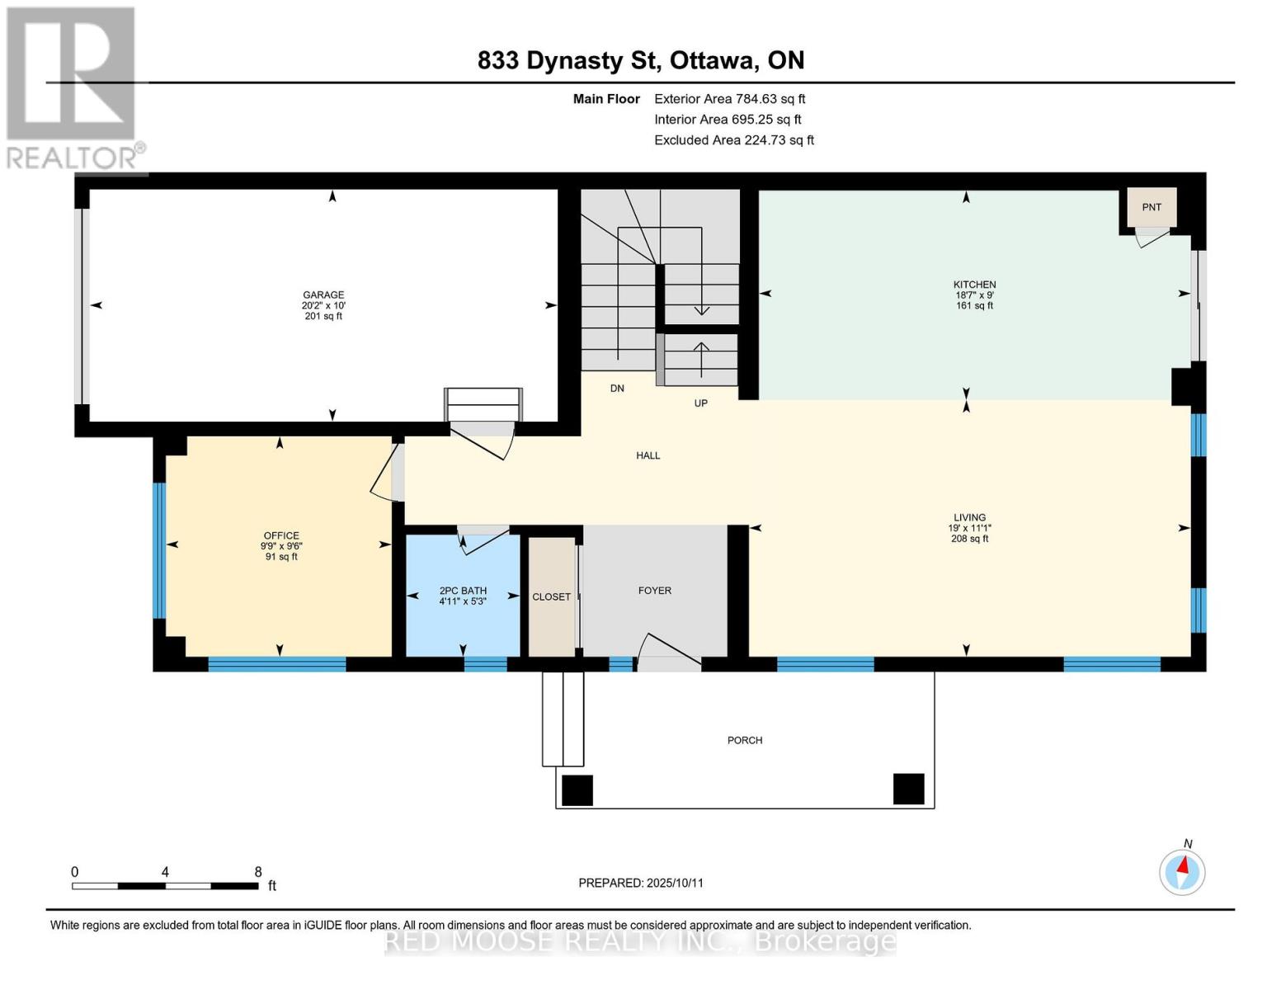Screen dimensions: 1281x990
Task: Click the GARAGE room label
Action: pyautogui.click(x=323, y=295)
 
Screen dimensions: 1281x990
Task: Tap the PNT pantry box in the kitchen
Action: pyautogui.click(x=1151, y=207)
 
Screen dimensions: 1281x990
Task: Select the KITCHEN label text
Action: pyautogui.click(x=974, y=284)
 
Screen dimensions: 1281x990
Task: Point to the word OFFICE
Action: pyautogui.click(x=281, y=535)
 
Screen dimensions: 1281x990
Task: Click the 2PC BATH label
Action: pyautogui.click(x=463, y=590)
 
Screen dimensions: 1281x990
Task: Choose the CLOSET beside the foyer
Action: pyautogui.click(x=551, y=596)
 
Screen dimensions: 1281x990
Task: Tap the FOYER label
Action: pyautogui.click(x=654, y=590)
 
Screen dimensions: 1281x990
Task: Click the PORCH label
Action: pyautogui.click(x=745, y=740)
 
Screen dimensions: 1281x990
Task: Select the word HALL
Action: pyautogui.click(x=648, y=455)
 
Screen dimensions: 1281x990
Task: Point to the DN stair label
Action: pyautogui.click(x=617, y=388)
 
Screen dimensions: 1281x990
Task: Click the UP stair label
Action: pyautogui.click(x=700, y=403)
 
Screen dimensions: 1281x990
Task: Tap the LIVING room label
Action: pyautogui.click(x=969, y=517)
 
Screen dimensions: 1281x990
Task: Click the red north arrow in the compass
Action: pyautogui.click(x=1183, y=865)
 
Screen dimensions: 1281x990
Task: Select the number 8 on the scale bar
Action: pyautogui.click(x=258, y=871)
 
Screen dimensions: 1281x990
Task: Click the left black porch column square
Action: pyautogui.click(x=577, y=790)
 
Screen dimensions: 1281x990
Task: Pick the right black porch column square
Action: pyautogui.click(x=908, y=789)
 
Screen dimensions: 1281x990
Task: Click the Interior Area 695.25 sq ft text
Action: pyautogui.click(x=728, y=119)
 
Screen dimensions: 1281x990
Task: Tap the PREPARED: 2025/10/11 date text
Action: pyautogui.click(x=641, y=883)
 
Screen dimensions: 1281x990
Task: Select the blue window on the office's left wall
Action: pyautogui.click(x=159, y=551)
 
